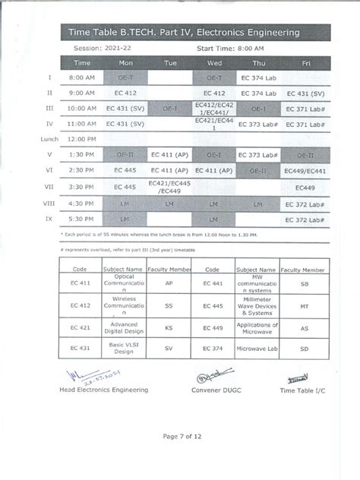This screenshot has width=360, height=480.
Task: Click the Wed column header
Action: pos(214,62)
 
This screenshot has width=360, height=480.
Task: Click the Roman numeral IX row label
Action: pos(49,219)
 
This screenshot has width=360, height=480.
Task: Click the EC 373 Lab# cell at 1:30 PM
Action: pos(259,155)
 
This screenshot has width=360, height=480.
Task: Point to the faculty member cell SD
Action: pos(304,348)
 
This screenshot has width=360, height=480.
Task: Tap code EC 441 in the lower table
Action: pos(212,283)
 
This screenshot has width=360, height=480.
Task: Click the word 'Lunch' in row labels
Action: pos(49,139)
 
